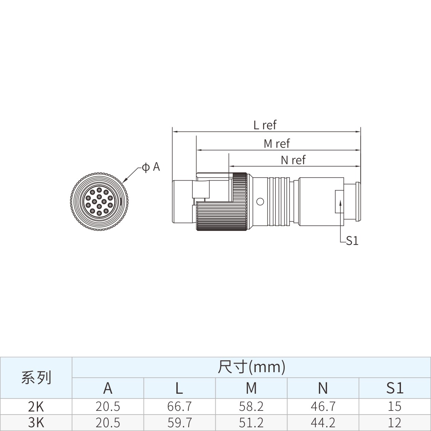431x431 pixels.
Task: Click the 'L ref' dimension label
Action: (x=265, y=125)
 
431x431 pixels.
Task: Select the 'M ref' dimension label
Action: (x=277, y=144)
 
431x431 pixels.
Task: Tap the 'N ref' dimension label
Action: (x=293, y=160)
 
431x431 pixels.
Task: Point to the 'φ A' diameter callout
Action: (x=151, y=167)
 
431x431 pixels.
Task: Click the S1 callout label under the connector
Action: (x=352, y=241)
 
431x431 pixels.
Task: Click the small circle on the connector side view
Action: (x=260, y=201)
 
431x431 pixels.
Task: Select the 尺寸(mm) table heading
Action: (x=252, y=367)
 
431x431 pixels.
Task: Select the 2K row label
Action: (x=36, y=406)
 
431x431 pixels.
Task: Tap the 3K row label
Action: (x=36, y=422)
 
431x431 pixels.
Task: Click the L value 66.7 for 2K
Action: (x=179, y=406)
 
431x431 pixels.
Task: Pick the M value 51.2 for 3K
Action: (x=251, y=422)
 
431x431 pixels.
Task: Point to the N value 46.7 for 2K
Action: (x=323, y=406)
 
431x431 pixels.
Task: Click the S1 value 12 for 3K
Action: (x=394, y=422)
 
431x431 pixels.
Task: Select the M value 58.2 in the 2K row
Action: (x=251, y=406)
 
